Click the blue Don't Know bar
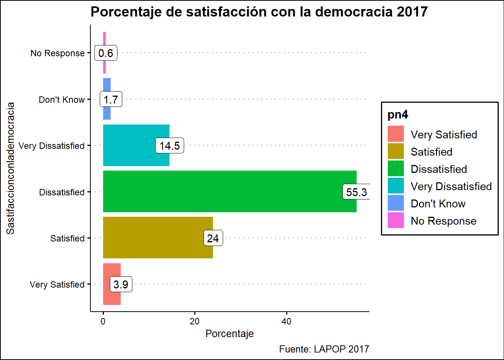tap(107, 112)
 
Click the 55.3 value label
tap(356, 192)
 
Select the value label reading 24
tap(213, 238)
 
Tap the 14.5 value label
tap(169, 145)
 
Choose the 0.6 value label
tap(106, 53)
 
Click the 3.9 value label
tap(121, 285)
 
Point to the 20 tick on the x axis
tap(195, 321)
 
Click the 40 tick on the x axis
tap(286, 321)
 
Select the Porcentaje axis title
tap(229, 334)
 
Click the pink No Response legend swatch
tap(396, 220)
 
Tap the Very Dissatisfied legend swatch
tap(396, 186)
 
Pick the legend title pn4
tap(398, 115)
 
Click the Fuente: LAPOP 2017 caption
tap(324, 349)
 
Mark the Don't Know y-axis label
tap(62, 100)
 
